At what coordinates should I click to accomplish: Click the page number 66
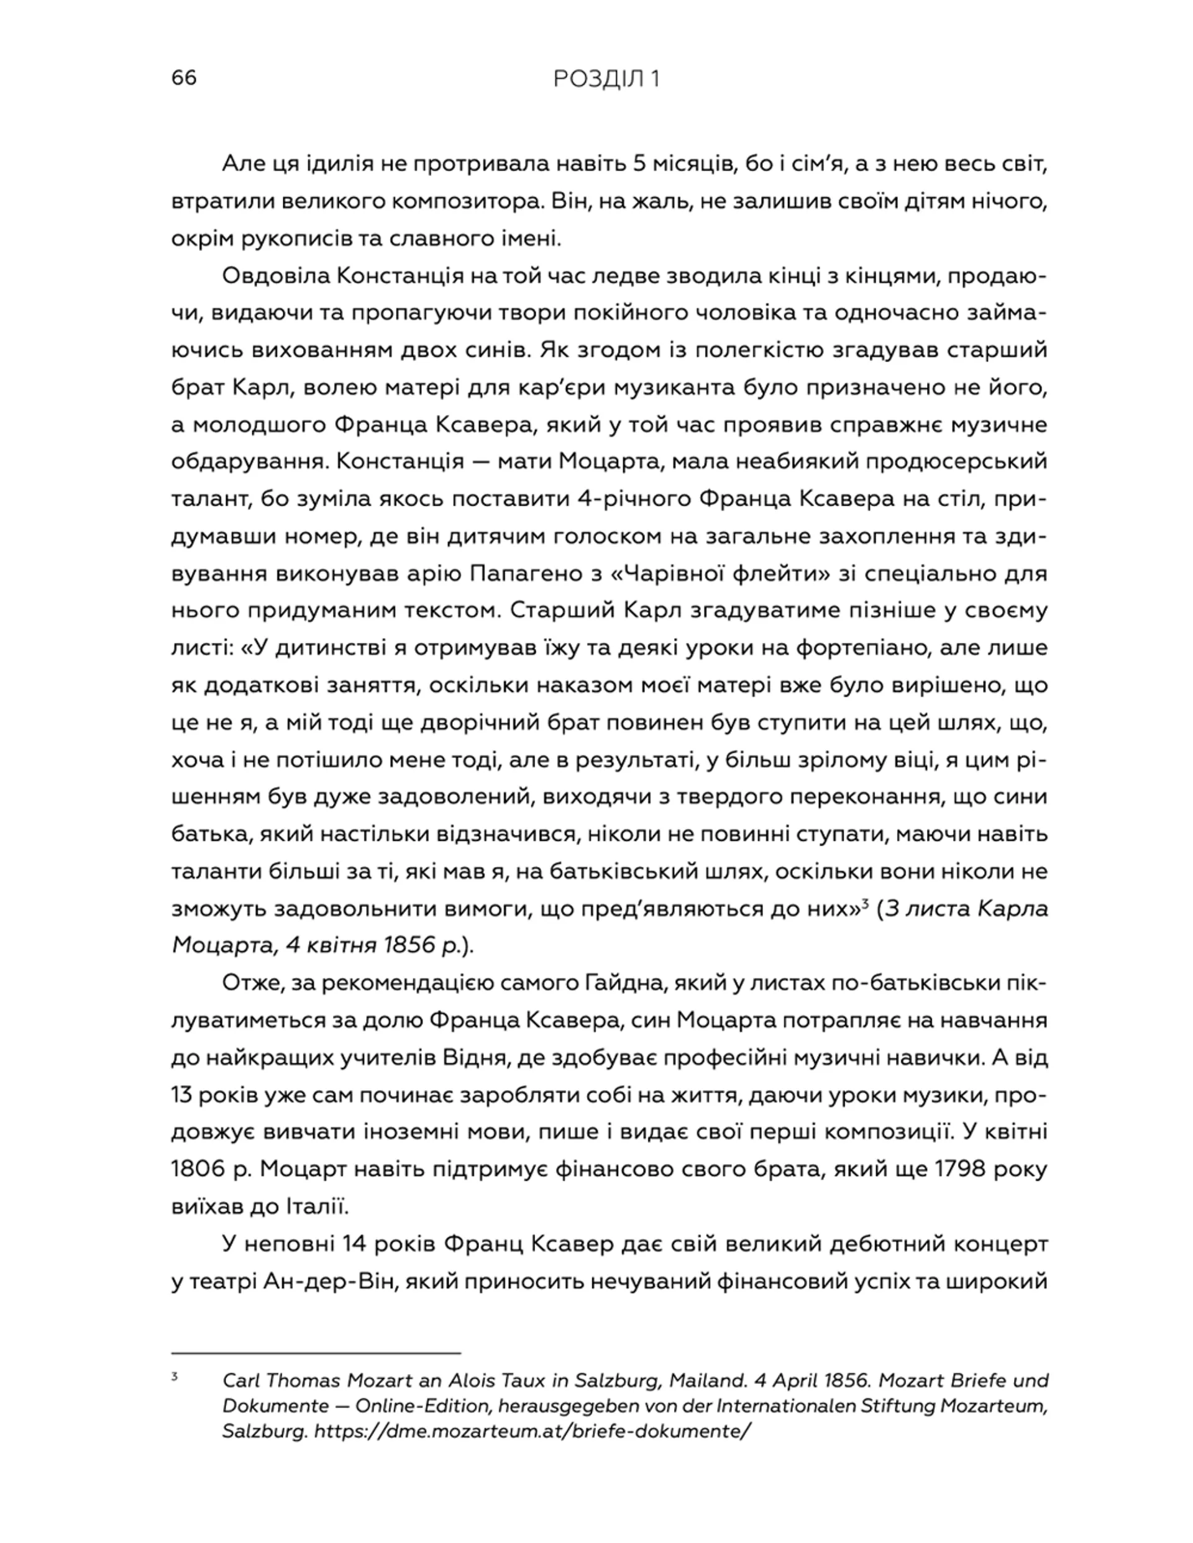click(184, 78)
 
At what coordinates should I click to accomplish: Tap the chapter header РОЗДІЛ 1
click(606, 79)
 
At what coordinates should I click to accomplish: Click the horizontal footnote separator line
click(315, 1353)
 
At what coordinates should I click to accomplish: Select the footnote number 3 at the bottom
click(175, 1377)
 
